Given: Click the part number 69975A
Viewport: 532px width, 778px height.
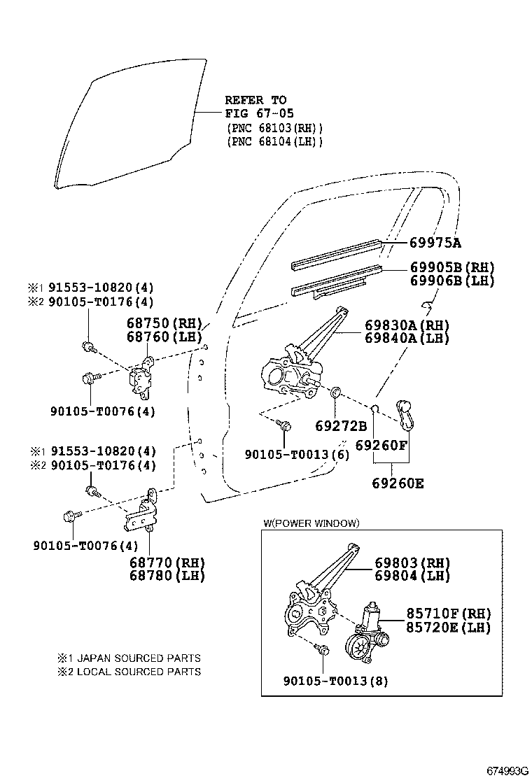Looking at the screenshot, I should (435, 243).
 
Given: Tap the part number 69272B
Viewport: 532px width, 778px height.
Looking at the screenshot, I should (341, 426).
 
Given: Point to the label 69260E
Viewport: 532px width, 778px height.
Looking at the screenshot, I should (398, 483).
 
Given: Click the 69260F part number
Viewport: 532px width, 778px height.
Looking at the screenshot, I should (381, 445).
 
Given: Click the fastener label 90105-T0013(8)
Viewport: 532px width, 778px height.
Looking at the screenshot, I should (336, 680).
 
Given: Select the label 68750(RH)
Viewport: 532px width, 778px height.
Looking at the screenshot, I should (164, 324).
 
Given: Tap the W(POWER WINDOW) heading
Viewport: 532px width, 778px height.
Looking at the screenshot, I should (311, 523).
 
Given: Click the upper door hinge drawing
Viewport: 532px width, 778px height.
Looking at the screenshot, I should (143, 377).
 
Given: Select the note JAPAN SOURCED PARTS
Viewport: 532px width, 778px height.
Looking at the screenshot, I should (129, 658).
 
